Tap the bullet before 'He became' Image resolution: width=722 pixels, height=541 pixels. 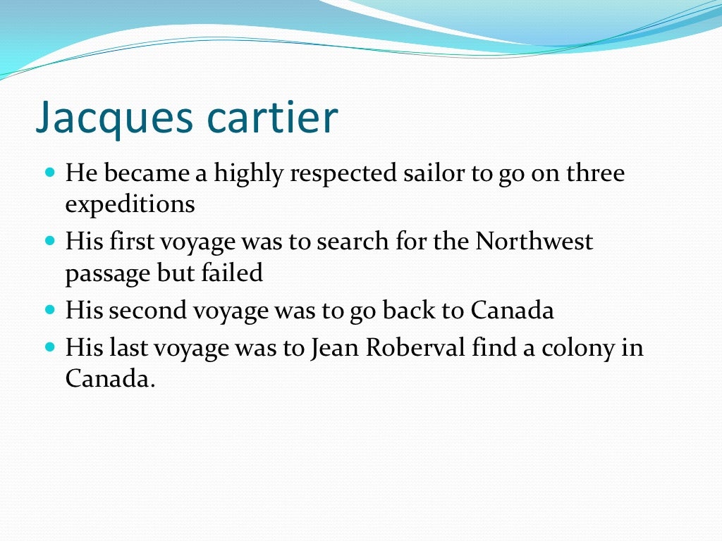coord(49,171)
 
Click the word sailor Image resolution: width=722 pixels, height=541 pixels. coord(432,173)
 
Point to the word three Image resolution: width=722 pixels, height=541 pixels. coord(594,173)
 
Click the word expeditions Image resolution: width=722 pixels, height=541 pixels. coord(130,204)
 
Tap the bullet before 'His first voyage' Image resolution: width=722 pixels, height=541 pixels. coord(49,240)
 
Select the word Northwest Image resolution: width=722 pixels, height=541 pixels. coord(534,241)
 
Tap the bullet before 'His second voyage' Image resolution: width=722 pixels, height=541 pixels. coord(49,309)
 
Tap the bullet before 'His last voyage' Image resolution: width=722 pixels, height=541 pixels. coord(49,347)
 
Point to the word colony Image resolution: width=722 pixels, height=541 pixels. coord(574,349)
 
